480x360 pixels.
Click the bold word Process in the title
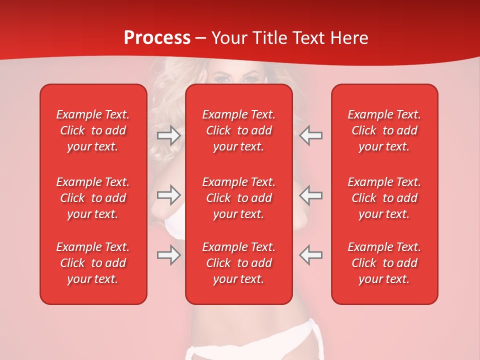(x=157, y=38)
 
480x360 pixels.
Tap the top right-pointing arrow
(x=168, y=135)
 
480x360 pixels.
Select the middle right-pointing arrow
(x=168, y=195)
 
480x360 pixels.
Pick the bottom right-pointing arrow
(x=168, y=255)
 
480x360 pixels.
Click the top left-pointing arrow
(x=311, y=135)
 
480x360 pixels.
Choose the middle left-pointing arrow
(x=311, y=195)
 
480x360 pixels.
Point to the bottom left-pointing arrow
(x=311, y=255)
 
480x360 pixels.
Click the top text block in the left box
(x=93, y=130)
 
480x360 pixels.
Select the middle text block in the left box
(x=93, y=198)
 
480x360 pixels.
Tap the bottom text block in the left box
(x=93, y=263)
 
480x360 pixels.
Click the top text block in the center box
(x=239, y=130)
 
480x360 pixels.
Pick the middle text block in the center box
(x=239, y=198)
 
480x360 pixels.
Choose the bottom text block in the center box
(x=239, y=263)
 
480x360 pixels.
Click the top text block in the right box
(x=384, y=130)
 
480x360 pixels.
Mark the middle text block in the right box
(x=384, y=198)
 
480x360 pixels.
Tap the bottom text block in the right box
(x=384, y=263)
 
